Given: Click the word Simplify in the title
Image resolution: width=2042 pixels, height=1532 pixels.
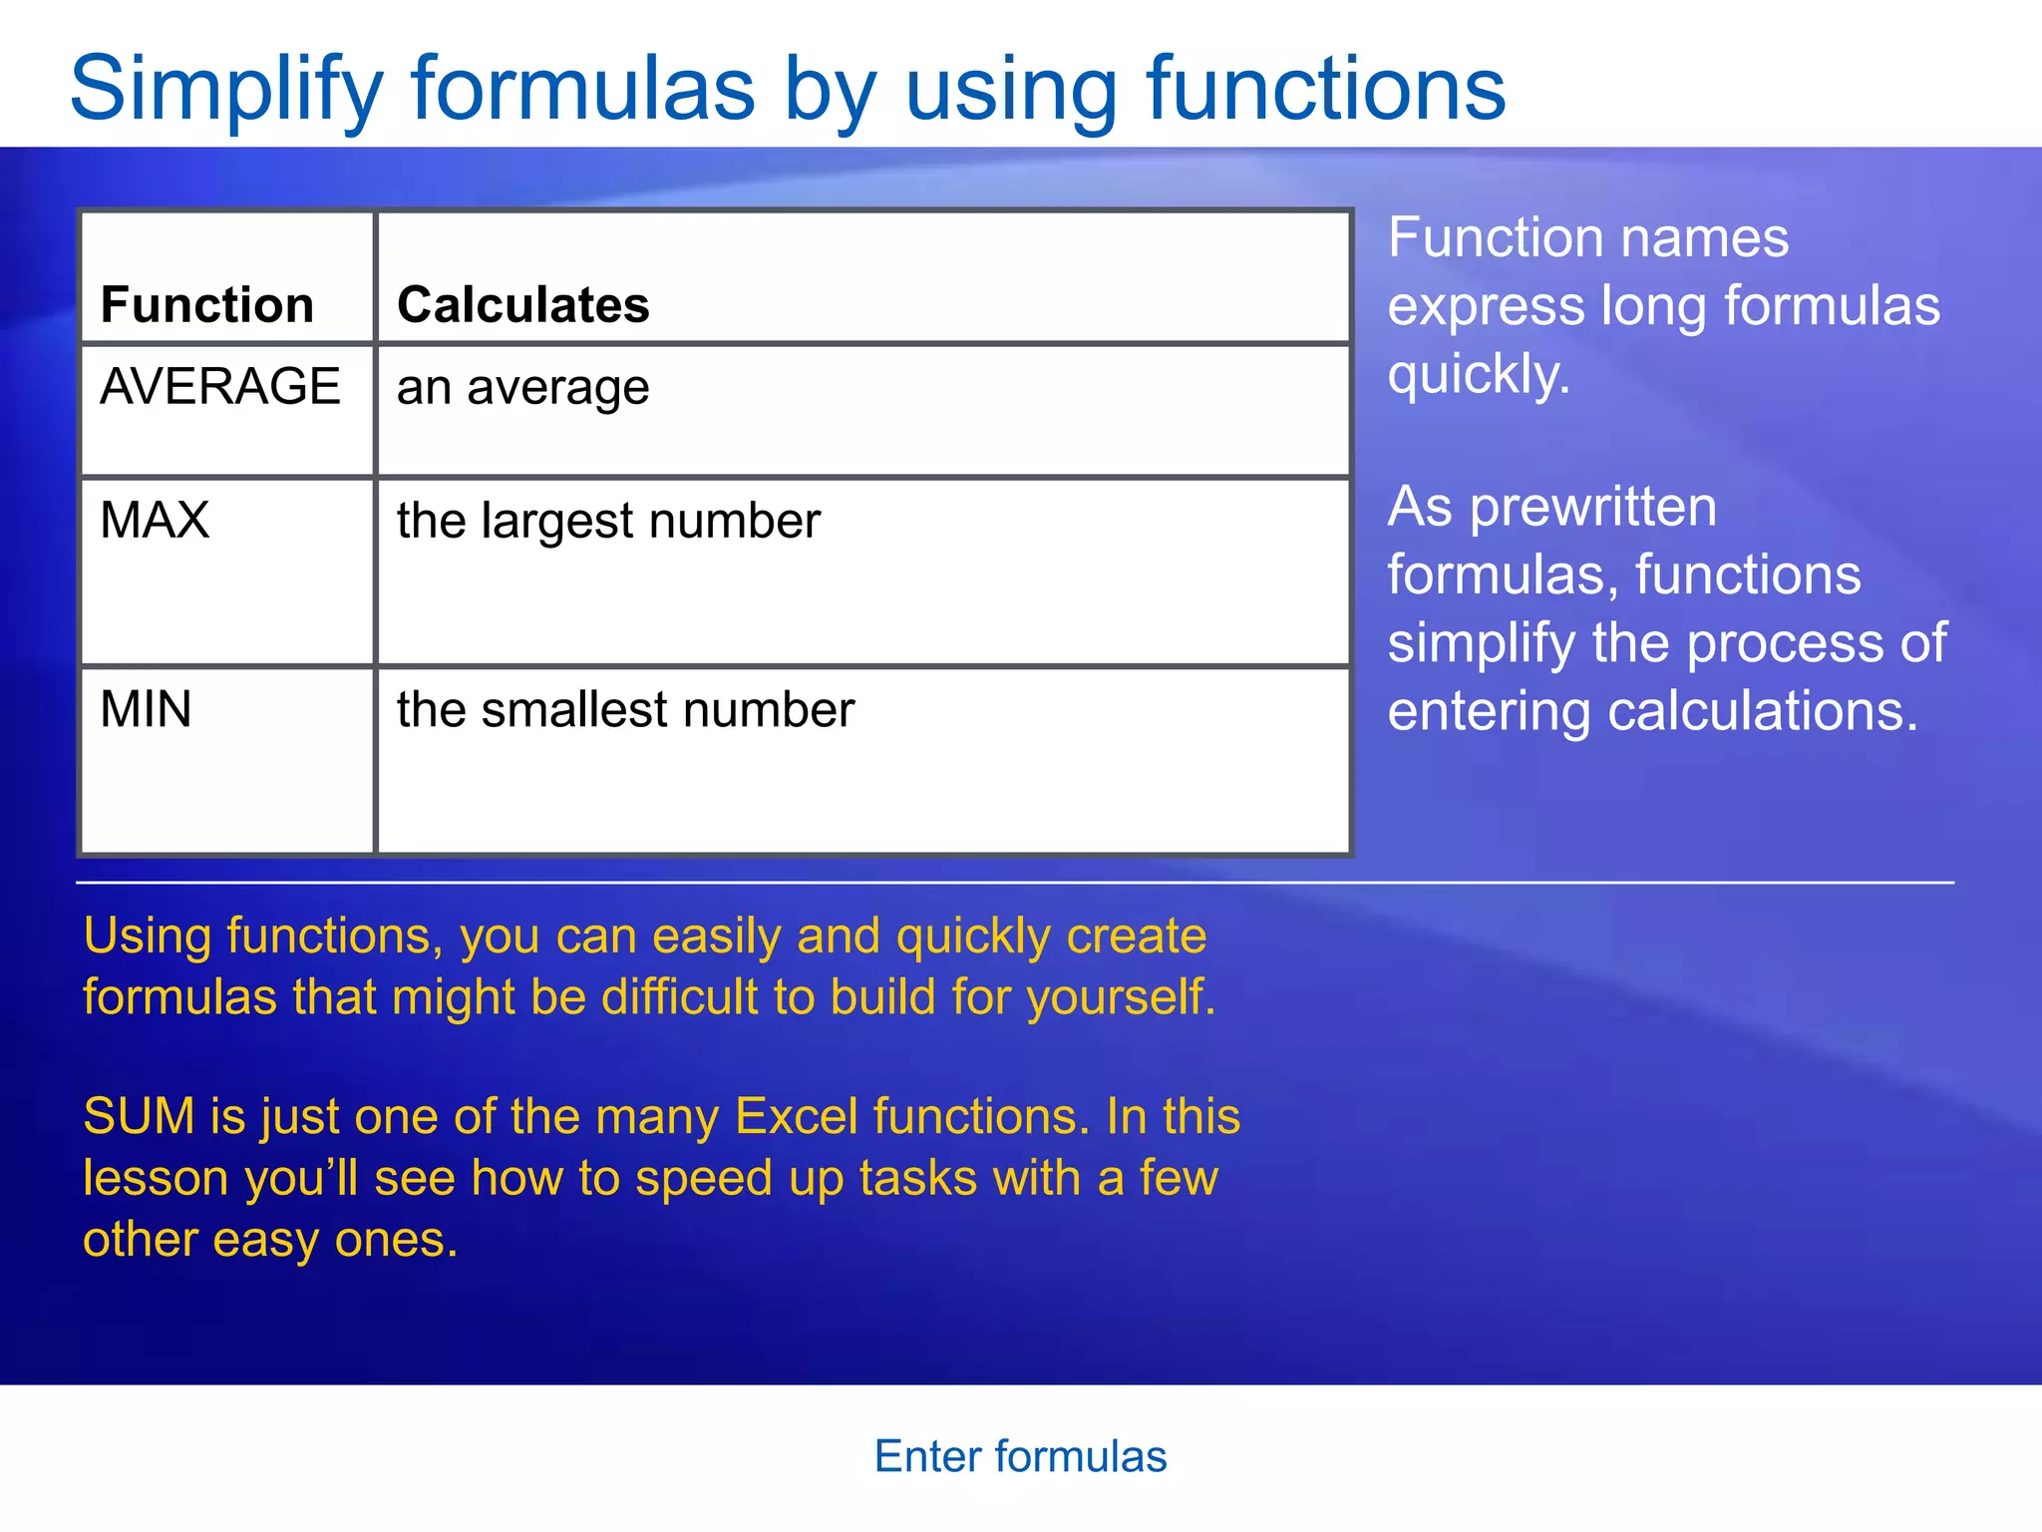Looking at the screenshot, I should (x=225, y=90).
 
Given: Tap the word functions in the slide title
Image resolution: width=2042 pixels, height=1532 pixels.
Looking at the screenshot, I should (x=1325, y=90).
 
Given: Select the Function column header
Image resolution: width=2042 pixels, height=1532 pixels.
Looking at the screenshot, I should (x=207, y=304).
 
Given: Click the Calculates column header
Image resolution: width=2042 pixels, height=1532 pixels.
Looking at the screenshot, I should (x=522, y=304).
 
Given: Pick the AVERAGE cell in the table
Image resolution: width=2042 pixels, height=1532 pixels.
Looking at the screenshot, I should (x=220, y=386).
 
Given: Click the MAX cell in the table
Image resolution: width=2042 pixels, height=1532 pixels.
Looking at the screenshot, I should (x=155, y=520).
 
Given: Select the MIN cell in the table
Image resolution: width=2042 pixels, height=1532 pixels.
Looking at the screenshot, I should (x=146, y=709).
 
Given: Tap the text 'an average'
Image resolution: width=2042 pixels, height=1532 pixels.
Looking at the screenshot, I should (x=522, y=388).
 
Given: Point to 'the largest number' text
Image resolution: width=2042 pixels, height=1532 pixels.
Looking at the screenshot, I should (x=608, y=521).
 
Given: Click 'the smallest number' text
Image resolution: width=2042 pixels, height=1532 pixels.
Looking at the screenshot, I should (x=625, y=710).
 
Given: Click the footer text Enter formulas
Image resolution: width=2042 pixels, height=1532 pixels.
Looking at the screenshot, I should (x=1020, y=1456).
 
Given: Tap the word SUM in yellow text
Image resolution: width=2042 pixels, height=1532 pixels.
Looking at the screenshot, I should (x=139, y=1116).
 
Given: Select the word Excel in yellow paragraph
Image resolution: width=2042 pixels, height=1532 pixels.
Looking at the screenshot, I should (x=796, y=1116).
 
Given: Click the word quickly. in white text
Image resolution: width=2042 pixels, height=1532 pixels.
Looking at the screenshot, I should (x=1479, y=375).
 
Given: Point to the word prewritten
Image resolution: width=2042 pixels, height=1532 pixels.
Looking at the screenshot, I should (x=1593, y=507).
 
